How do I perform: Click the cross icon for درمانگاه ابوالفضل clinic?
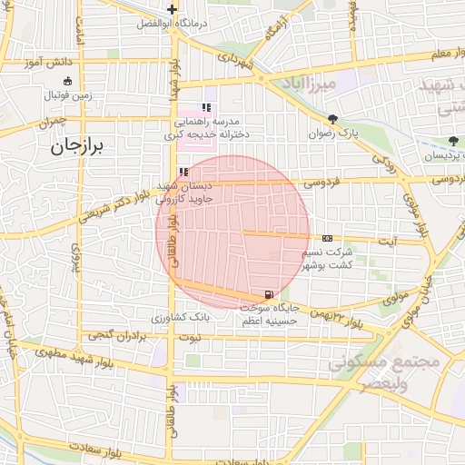click(x=172, y=9)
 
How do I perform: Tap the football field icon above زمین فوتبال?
click(x=67, y=81)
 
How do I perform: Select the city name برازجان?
click(x=79, y=146)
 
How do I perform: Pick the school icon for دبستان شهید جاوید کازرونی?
click(x=184, y=172)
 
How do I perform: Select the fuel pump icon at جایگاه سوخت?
click(x=268, y=294)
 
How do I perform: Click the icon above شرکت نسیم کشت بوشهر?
click(x=327, y=238)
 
